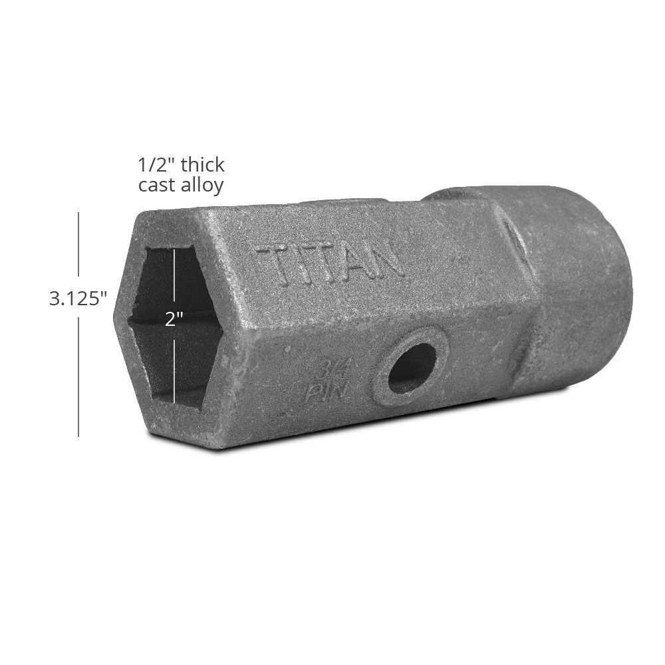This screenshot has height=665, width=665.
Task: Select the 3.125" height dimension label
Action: pos(78,299)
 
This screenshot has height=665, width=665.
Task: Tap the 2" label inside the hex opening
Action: pos(174,319)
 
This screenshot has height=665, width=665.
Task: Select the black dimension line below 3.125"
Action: pos(78,376)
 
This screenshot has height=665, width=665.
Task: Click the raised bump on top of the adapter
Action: pos(452,194)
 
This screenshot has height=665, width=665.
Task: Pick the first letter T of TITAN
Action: pos(273,266)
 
